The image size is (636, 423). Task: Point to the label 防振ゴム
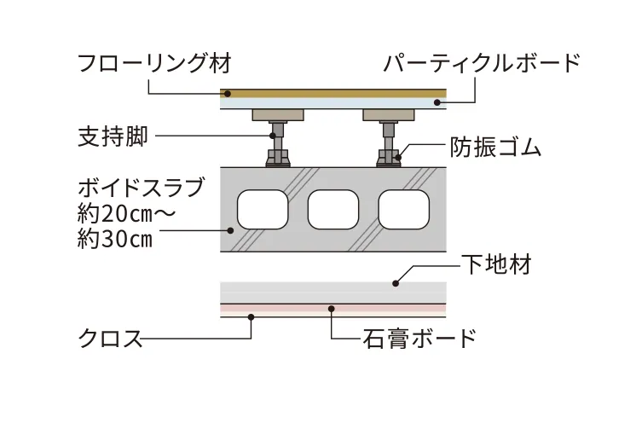(495, 147)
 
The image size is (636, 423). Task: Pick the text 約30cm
(114, 239)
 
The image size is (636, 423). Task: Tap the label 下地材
(496, 264)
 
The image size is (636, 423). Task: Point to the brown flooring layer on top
(333, 93)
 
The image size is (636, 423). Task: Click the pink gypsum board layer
(333, 308)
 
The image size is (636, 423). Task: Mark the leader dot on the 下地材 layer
(394, 282)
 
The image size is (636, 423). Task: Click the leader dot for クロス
(251, 317)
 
